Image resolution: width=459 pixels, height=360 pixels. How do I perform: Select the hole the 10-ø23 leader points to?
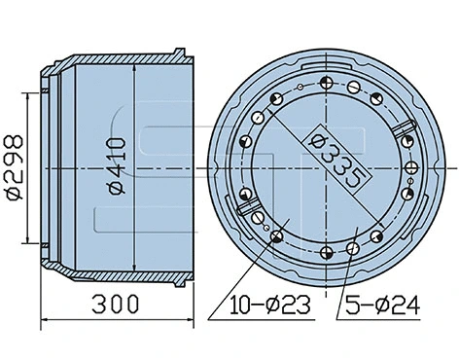pos(279,237)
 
